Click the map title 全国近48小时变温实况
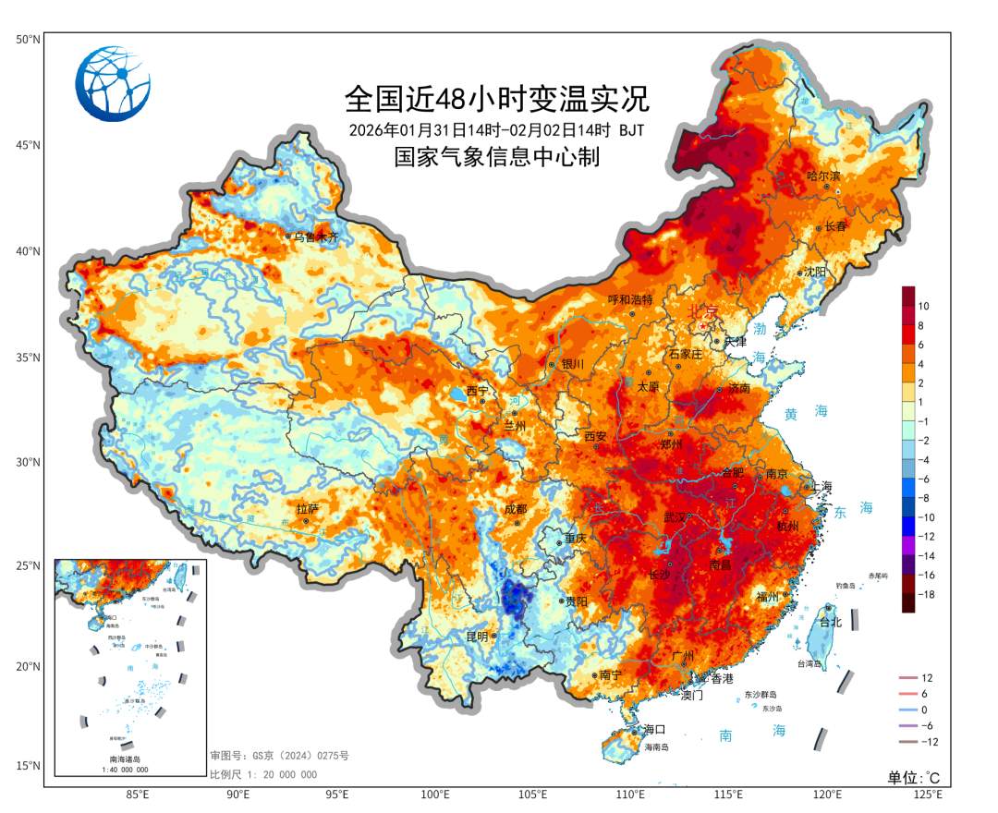497,97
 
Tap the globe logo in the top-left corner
114,84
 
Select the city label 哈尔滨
823,176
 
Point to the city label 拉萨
307,509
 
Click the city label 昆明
477,636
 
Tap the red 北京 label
705,311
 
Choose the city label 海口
655,730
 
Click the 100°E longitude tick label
435,795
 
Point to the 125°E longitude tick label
927,795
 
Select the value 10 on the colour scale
924,306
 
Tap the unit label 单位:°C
913,777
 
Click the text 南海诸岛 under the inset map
128,759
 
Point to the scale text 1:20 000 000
263,774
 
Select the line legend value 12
927,678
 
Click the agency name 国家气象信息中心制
497,157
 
